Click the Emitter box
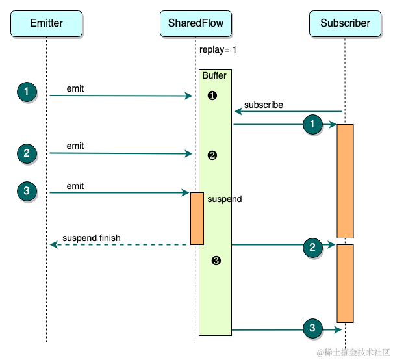(46, 23)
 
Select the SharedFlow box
(196, 23)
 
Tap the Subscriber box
(345, 23)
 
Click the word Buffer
(214, 76)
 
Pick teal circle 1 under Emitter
(27, 92)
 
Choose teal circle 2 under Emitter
(27, 153)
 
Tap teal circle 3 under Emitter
(27, 191)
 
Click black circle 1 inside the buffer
(212, 96)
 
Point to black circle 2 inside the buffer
(212, 155)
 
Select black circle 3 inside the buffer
(216, 261)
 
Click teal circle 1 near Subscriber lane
(312, 123)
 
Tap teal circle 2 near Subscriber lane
(312, 247)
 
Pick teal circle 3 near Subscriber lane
(312, 328)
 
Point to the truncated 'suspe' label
(219, 199)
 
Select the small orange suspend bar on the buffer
(197, 218)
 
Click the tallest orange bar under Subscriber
(345, 181)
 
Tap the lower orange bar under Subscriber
(345, 283)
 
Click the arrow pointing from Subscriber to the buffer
(288, 112)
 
